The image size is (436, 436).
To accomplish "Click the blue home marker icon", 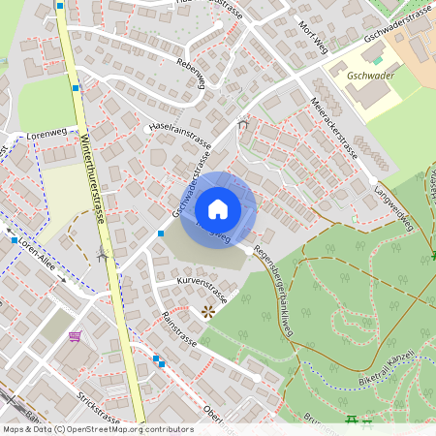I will (218, 208).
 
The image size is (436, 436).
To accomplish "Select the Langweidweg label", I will (394, 206).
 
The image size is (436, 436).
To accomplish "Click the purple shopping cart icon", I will (75, 336).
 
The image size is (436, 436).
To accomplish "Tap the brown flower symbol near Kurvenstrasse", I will (207, 312).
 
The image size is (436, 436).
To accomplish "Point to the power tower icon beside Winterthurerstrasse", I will (102, 256).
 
